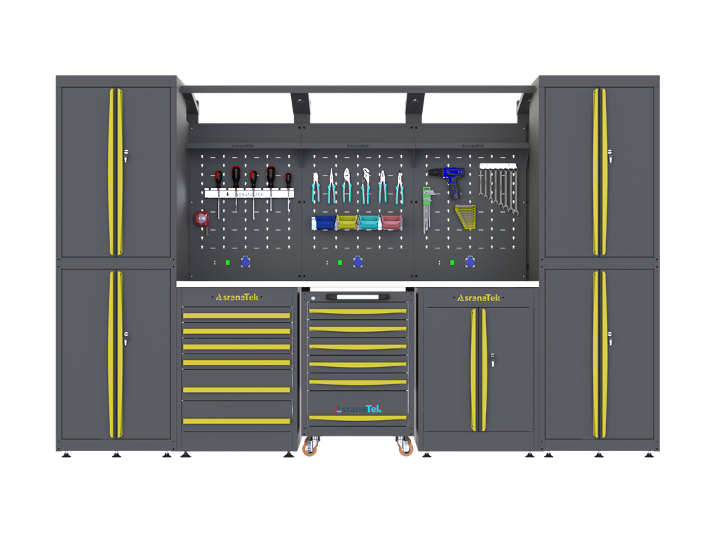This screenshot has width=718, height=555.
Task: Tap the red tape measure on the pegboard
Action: pyautogui.click(x=202, y=218)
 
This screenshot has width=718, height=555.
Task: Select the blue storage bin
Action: pyautogui.click(x=325, y=223)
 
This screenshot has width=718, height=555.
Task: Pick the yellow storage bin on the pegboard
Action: pyautogui.click(x=346, y=223)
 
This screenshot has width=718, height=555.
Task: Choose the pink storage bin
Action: pyautogui.click(x=391, y=223)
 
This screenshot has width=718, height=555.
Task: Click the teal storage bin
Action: pyautogui.click(x=369, y=223)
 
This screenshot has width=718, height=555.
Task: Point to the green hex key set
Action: pyautogui.click(x=426, y=208)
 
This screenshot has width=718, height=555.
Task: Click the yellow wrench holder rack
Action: pyautogui.click(x=464, y=216)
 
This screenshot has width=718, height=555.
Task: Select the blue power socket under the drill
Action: pyautogui.click(x=470, y=262)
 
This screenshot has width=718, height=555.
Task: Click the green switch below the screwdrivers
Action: pyautogui.click(x=228, y=262)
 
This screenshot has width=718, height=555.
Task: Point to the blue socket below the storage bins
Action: pyautogui.click(x=358, y=262)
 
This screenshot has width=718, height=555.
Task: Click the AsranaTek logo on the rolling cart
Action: pyautogui.click(x=358, y=409)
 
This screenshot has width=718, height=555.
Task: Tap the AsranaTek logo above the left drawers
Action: pyautogui.click(x=237, y=297)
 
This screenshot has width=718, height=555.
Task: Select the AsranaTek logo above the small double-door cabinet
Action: pyautogui.click(x=479, y=297)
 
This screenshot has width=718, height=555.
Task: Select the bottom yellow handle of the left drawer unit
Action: pyautogui.click(x=237, y=420)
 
